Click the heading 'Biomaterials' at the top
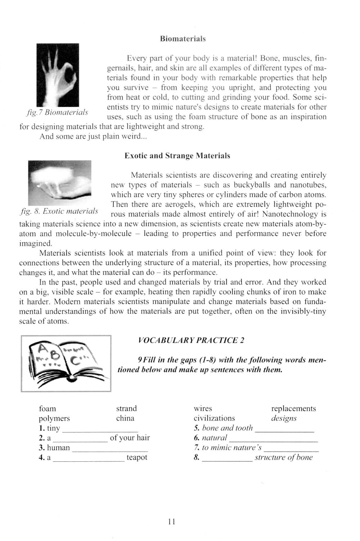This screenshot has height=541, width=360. click(183, 39)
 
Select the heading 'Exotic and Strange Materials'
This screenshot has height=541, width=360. click(177, 156)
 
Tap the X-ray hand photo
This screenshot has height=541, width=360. click(58, 75)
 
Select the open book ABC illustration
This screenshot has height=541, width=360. click(66, 363)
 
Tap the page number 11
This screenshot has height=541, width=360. click(171, 521)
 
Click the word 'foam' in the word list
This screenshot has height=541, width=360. click(48, 408)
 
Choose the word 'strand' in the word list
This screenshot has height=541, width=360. click(126, 408)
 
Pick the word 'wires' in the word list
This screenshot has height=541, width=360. click(203, 408)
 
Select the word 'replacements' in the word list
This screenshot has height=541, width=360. click(293, 408)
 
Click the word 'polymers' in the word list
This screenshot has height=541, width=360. click(54, 419)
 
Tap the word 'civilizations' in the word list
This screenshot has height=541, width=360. click(214, 419)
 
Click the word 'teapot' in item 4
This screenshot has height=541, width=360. click(137, 457)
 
